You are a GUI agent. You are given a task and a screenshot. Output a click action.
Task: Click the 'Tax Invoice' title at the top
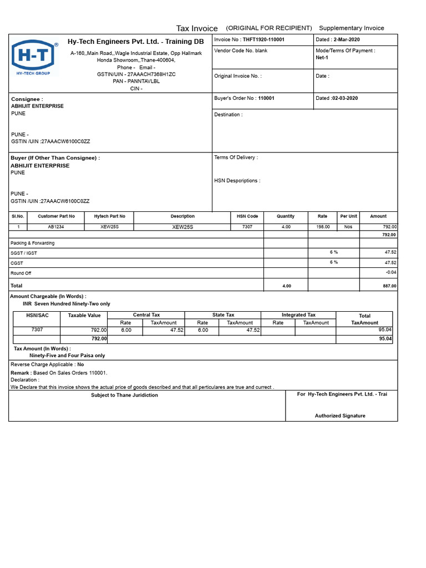pos(197,28)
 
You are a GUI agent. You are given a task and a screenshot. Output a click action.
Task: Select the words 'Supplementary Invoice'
pos(351,28)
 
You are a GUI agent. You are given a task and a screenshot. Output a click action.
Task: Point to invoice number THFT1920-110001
pos(263,40)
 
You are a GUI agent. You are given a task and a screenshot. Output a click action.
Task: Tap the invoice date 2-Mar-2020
pos(346,40)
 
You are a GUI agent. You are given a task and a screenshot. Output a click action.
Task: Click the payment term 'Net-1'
pos(322,58)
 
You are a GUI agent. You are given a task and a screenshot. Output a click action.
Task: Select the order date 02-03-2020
pos(345,98)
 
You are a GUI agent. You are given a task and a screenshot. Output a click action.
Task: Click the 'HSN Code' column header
pos(247,216)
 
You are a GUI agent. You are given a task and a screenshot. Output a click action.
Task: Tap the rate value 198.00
pos(323,227)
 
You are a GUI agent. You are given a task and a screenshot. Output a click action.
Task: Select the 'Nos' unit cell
pos(348,227)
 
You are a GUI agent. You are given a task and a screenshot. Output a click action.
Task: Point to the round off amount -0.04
pos(390,272)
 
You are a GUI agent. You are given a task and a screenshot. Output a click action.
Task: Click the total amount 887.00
pos(389,286)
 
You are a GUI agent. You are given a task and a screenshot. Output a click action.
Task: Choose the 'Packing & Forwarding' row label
pos(33,243)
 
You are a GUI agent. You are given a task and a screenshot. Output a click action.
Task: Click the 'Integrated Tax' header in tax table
pos(298,315)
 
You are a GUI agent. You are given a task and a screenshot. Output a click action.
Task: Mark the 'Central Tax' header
pos(146,315)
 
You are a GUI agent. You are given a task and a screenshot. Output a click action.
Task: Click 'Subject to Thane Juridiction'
pos(124,395)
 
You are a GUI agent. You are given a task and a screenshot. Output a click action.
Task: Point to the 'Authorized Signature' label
pos(340,415)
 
